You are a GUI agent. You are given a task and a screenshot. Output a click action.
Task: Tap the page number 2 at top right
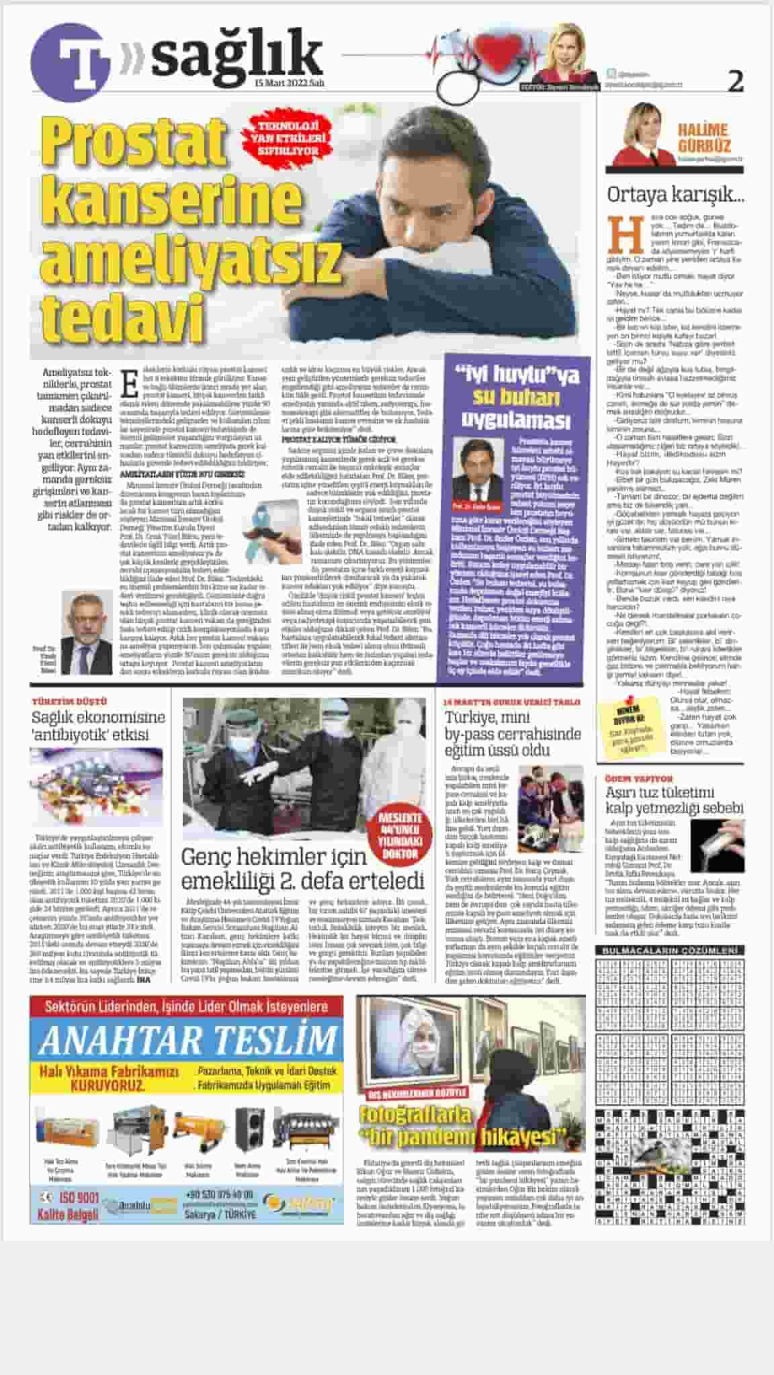[x=736, y=82]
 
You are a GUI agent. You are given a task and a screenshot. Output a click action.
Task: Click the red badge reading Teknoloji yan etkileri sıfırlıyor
[x=289, y=137]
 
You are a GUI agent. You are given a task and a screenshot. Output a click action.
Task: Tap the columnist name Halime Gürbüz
[x=702, y=137]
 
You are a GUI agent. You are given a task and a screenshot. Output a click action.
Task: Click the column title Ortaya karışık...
[x=675, y=195]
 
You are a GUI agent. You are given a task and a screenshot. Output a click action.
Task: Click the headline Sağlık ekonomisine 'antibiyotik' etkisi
[x=98, y=725]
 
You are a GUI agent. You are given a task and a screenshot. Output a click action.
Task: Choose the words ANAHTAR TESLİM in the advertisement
[x=187, y=1040]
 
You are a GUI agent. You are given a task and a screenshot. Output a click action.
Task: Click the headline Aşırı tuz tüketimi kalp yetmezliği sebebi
[x=674, y=800]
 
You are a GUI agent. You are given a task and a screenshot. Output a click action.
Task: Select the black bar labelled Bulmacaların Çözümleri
[x=669, y=951]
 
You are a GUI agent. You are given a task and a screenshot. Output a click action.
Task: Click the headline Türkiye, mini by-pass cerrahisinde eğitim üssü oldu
[x=512, y=733]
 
